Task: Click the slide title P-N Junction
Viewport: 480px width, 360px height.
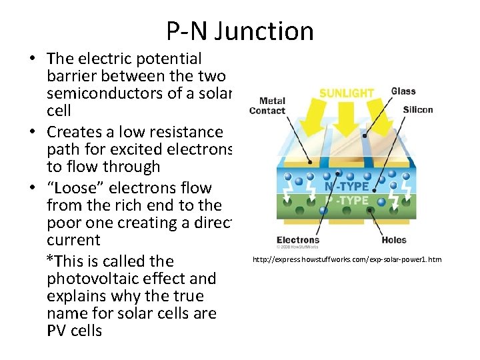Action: click(x=240, y=31)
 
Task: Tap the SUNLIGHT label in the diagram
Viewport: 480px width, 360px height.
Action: click(x=346, y=92)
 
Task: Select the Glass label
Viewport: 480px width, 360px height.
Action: click(x=403, y=91)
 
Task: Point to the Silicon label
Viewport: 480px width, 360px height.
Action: click(x=418, y=109)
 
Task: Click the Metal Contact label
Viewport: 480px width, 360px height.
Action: click(x=267, y=106)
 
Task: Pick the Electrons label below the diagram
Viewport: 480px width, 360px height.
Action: click(x=298, y=240)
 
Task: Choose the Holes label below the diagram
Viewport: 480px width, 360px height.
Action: click(x=394, y=240)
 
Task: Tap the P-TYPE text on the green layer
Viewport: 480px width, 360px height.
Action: click(x=346, y=201)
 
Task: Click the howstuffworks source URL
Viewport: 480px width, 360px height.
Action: click(x=346, y=259)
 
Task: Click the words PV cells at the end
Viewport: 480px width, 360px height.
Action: click(x=75, y=331)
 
